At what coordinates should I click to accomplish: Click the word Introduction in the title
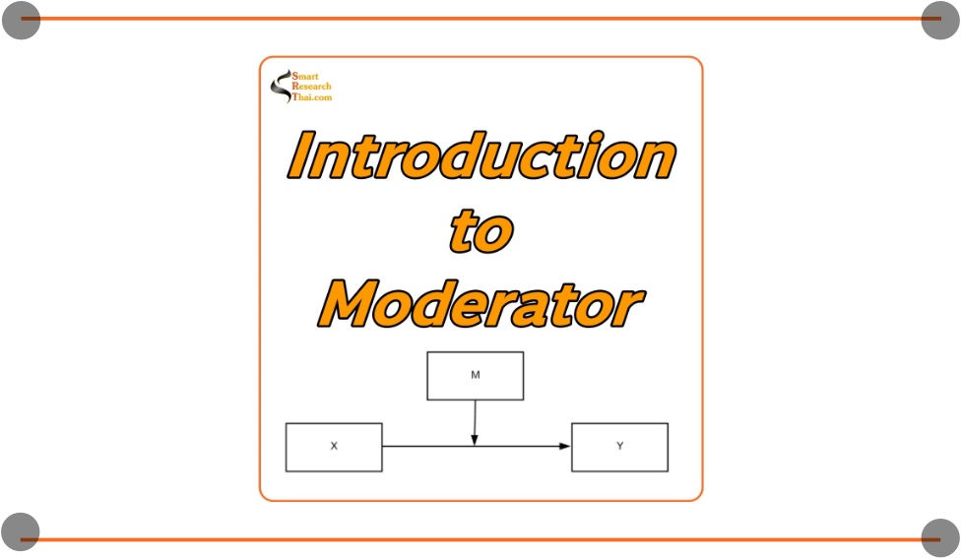click(481, 157)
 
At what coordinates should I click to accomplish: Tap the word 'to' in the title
click(481, 231)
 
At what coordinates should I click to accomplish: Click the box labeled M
click(475, 376)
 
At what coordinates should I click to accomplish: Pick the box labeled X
click(334, 447)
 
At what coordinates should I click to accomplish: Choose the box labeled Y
click(619, 447)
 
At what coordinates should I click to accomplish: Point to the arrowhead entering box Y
click(565, 447)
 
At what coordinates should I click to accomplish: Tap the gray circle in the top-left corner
click(21, 20)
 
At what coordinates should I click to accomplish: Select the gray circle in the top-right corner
click(939, 20)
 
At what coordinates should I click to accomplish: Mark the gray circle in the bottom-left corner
click(21, 531)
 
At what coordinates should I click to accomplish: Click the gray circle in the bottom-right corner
click(939, 537)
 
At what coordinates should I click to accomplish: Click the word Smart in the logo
click(305, 77)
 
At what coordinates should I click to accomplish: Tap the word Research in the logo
click(312, 87)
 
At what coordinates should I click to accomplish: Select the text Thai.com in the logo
click(312, 97)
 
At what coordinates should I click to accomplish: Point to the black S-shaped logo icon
click(280, 86)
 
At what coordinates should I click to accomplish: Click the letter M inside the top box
click(475, 376)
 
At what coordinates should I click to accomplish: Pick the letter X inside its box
click(334, 447)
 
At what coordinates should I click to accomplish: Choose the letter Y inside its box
click(619, 447)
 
